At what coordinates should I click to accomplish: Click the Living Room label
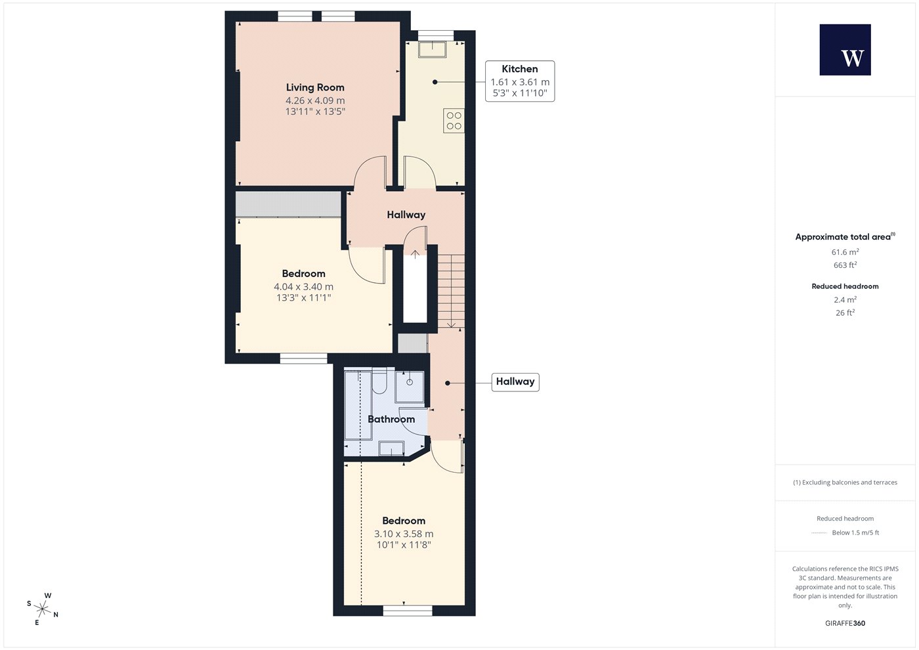pyautogui.click(x=315, y=87)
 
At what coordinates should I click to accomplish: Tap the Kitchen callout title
pyautogui.click(x=519, y=69)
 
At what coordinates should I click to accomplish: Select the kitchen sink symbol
pyautogui.click(x=432, y=49)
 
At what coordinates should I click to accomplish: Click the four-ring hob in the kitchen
pyautogui.click(x=454, y=121)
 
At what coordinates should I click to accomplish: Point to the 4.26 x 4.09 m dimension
pyautogui.click(x=315, y=100)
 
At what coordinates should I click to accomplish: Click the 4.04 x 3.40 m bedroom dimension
pyautogui.click(x=303, y=287)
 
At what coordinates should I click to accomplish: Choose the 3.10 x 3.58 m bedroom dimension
pyautogui.click(x=404, y=534)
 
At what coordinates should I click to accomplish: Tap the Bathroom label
pyautogui.click(x=391, y=419)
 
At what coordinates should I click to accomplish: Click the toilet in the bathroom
pyautogui.click(x=379, y=382)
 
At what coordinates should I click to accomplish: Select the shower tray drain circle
pyautogui.click(x=410, y=382)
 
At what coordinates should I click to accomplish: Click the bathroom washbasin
pyautogui.click(x=391, y=448)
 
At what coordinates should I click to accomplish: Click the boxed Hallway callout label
pyautogui.click(x=515, y=381)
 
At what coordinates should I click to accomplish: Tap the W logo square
pyautogui.click(x=845, y=50)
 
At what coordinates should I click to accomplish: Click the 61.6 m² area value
pyautogui.click(x=845, y=252)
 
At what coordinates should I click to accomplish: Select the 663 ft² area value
pyautogui.click(x=845, y=265)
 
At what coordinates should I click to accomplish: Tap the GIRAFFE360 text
pyautogui.click(x=845, y=623)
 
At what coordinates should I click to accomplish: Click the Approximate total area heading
pyautogui.click(x=845, y=237)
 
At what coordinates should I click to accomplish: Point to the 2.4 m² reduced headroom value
pyautogui.click(x=845, y=299)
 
